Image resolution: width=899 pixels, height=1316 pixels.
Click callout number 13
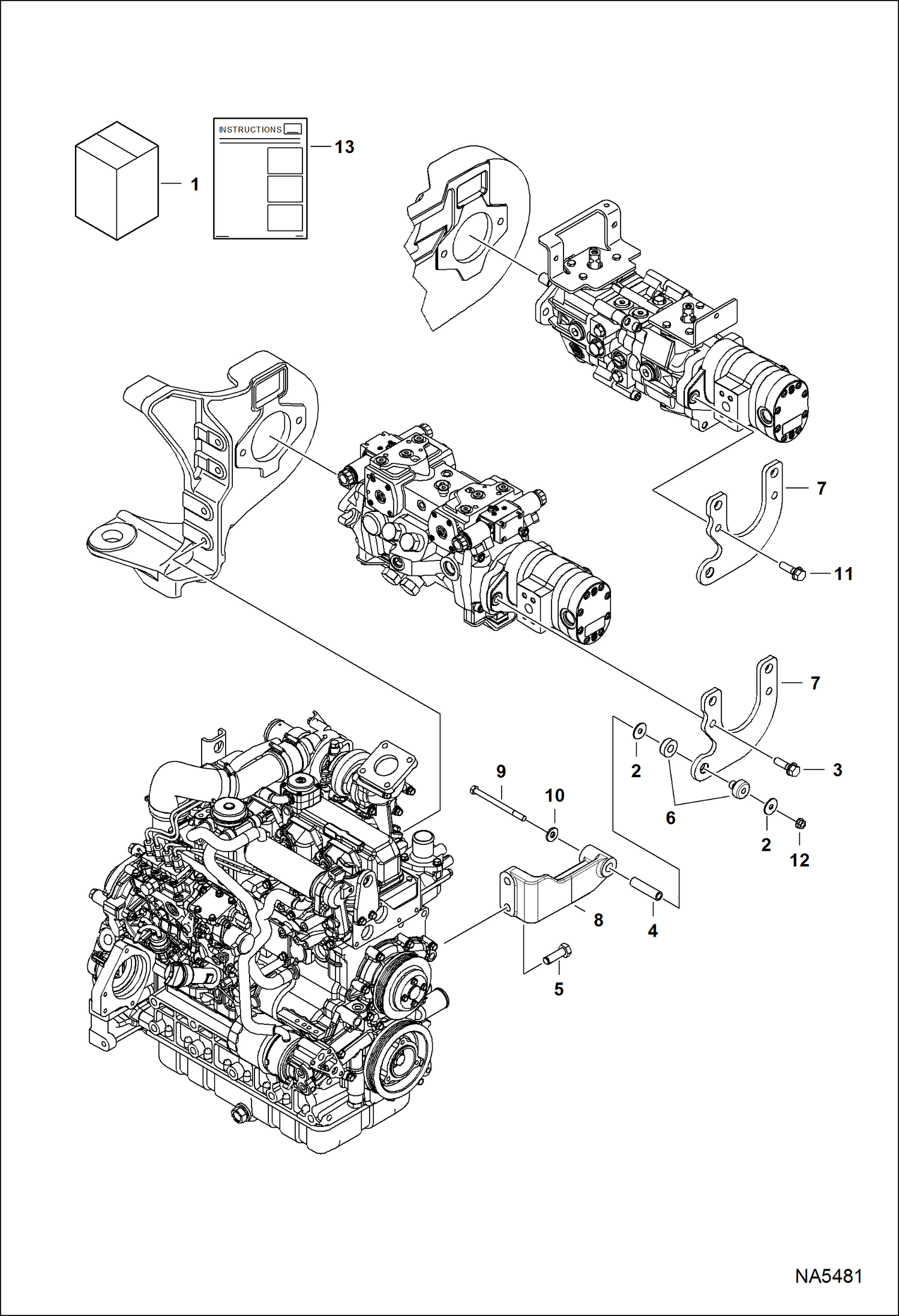tap(344, 147)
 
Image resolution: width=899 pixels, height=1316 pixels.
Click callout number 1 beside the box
tap(194, 184)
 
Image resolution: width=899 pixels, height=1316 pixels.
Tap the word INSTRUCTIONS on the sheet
tap(250, 130)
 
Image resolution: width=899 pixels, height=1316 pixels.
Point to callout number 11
tap(843, 574)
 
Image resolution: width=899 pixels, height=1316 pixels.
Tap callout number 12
tap(799, 861)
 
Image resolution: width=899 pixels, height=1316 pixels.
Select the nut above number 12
tap(799, 824)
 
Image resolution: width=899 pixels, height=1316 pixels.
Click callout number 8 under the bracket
tap(598, 920)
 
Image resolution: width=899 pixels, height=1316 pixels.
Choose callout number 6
tap(670, 818)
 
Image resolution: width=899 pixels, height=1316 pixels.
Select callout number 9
tap(501, 772)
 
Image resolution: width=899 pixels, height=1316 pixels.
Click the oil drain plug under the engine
tap(238, 1114)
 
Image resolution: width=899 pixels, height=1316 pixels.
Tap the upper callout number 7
tap(822, 488)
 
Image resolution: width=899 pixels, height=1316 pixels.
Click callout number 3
tap(837, 770)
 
